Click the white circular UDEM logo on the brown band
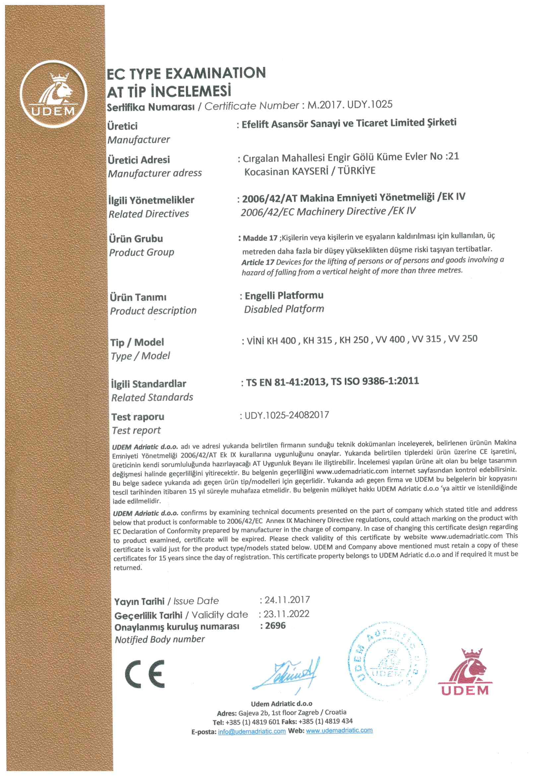pyautogui.click(x=53, y=94)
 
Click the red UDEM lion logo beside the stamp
pyautogui.click(x=465, y=671)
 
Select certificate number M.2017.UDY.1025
pyautogui.click(x=350, y=105)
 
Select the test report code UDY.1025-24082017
pyautogui.click(x=287, y=415)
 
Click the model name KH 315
pyautogui.click(x=317, y=340)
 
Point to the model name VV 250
pyautogui.click(x=462, y=339)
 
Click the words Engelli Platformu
pyautogui.click(x=284, y=296)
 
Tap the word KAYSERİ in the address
pyautogui.click(x=310, y=171)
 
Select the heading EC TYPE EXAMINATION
pyautogui.click(x=186, y=74)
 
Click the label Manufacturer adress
pyautogui.click(x=155, y=173)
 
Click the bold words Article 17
pyautogui.click(x=258, y=263)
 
